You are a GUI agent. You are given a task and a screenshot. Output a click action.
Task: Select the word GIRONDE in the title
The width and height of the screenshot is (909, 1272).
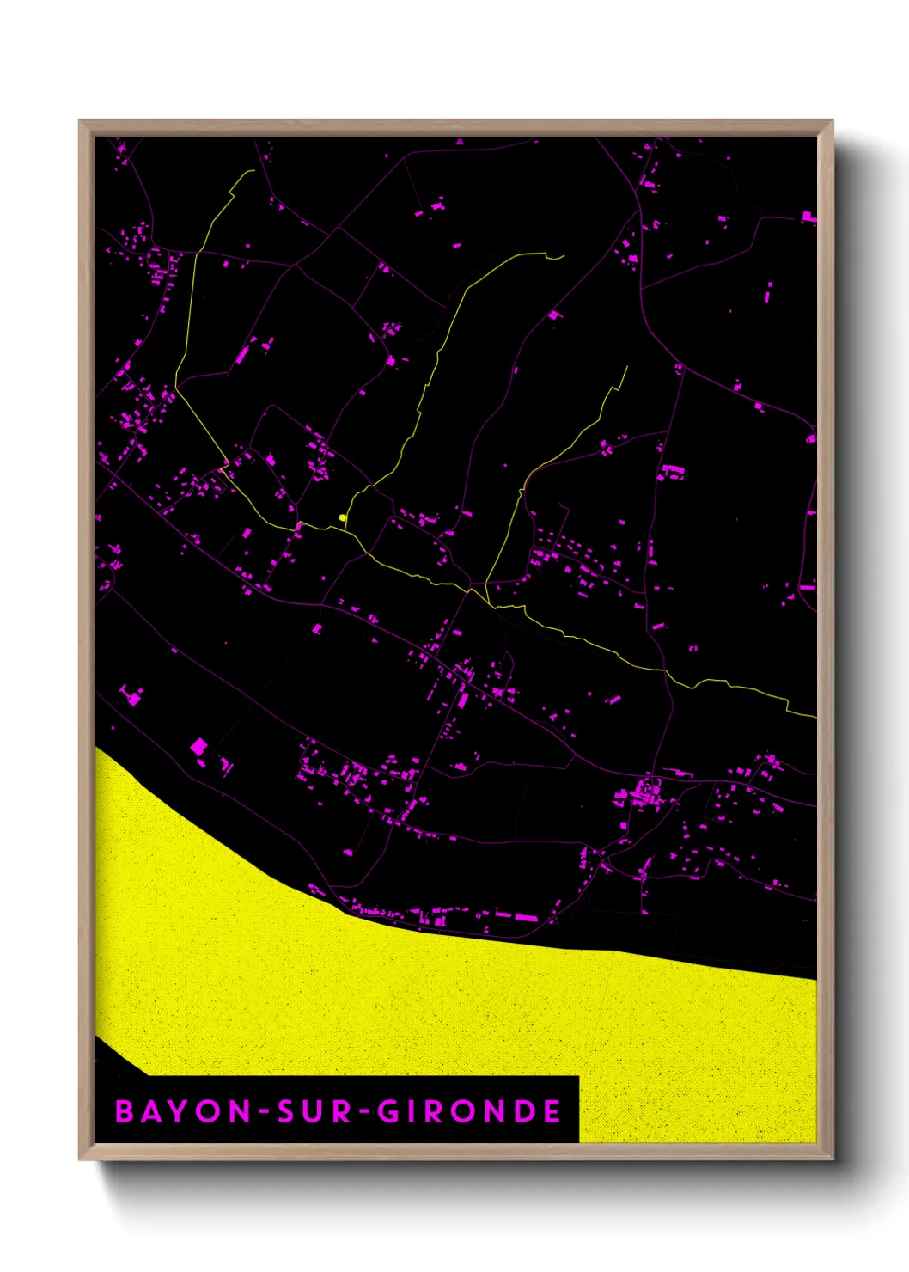click(470, 1110)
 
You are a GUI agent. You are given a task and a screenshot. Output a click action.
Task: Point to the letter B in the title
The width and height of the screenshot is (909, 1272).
click(125, 1110)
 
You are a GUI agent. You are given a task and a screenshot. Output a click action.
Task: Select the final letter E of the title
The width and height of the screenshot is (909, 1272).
click(552, 1110)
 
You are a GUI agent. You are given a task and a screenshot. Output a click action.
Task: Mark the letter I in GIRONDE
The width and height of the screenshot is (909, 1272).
click(413, 1110)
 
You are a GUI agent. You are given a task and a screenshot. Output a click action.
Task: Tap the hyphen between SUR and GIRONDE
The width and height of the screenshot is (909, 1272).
click(364, 1111)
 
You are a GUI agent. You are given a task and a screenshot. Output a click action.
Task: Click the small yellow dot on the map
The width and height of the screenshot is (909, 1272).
click(343, 517)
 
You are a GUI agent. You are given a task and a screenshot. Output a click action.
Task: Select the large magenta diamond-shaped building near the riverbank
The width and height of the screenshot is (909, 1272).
click(198, 746)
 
